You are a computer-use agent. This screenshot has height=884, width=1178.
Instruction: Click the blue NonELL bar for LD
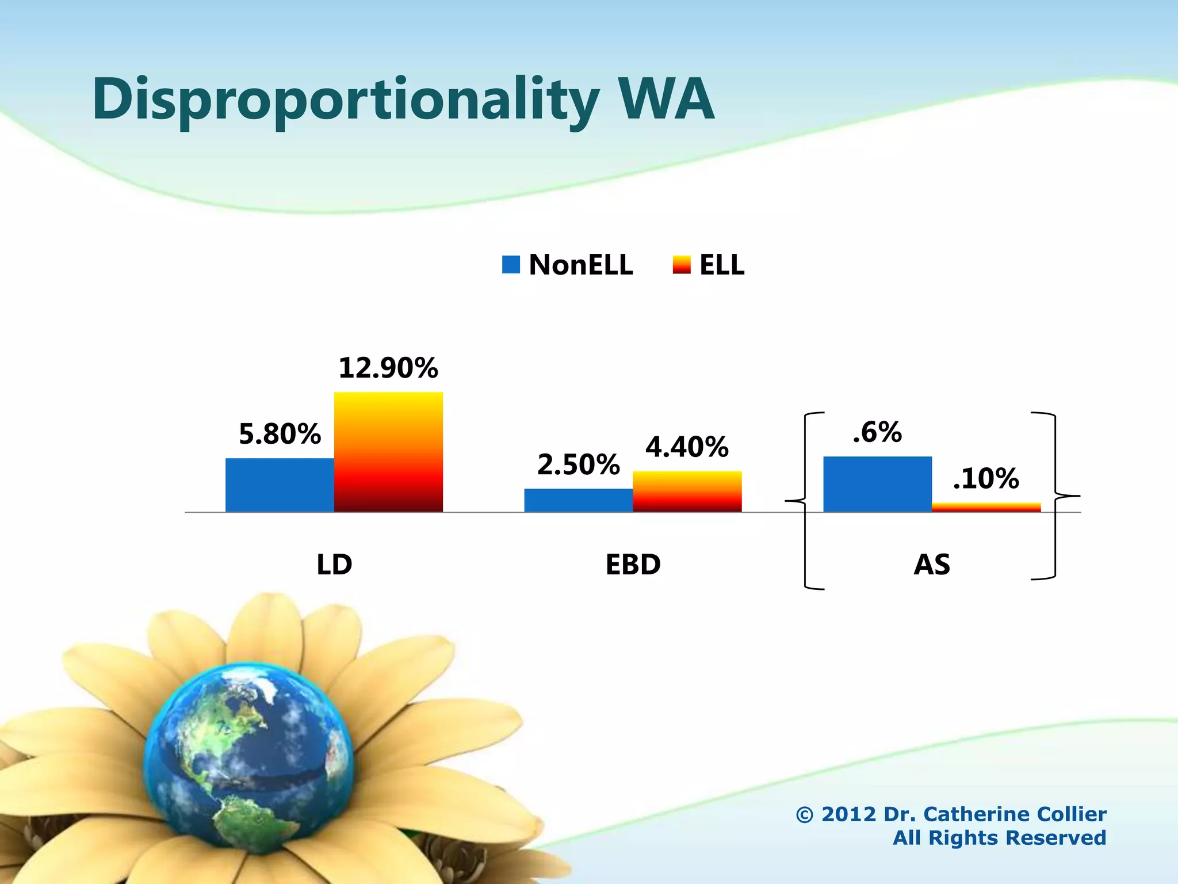tap(280, 485)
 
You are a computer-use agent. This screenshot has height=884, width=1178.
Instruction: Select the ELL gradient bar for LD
tap(388, 452)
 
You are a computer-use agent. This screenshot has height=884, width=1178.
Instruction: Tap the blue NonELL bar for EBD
tap(578, 500)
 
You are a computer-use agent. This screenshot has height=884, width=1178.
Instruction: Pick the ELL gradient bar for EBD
tap(687, 491)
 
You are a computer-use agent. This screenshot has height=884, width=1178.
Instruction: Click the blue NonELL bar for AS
tap(877, 484)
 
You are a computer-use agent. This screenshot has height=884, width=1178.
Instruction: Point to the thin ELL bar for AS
tap(986, 507)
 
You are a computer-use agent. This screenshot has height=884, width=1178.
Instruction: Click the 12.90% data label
tap(388, 368)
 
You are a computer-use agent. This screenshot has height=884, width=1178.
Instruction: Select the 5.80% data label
tap(280, 434)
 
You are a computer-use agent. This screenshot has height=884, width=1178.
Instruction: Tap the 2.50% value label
tap(578, 465)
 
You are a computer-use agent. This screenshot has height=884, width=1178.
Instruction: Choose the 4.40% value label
tap(687, 447)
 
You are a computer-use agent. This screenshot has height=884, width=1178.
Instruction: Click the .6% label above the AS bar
tap(877, 432)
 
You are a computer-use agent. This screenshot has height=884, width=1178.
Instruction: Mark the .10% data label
tap(986, 479)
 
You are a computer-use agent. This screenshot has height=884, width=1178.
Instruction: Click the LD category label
tap(334, 565)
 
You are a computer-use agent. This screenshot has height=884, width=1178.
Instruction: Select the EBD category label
tap(633, 565)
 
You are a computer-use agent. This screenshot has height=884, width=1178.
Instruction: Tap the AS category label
tap(932, 565)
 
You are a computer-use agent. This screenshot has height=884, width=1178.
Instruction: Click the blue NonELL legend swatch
tap(511, 265)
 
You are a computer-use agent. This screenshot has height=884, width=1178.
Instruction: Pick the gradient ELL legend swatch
tap(681, 265)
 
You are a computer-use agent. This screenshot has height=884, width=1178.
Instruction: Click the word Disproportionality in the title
tap(345, 101)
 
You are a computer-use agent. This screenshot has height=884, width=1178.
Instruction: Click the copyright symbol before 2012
tap(804, 815)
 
